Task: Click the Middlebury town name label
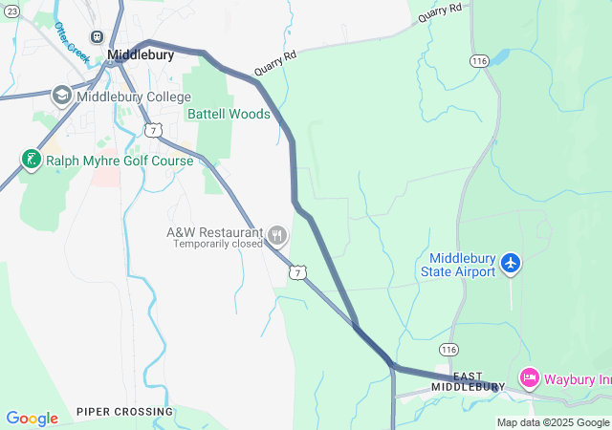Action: (141, 55)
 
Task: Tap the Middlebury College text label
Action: (134, 97)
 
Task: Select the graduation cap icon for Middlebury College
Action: (61, 96)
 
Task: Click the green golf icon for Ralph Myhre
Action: (31, 160)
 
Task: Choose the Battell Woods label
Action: (229, 114)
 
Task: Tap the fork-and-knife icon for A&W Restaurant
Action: (277, 234)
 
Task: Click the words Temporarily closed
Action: (217, 244)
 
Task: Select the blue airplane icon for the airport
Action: (511, 262)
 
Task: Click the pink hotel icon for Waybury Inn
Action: (529, 377)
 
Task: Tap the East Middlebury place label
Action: (468, 381)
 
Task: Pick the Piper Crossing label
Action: (125, 412)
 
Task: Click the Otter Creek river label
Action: (73, 43)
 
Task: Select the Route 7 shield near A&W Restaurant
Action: (300, 273)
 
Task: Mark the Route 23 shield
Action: (11, 92)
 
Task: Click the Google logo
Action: (32, 419)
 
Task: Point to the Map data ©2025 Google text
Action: (552, 422)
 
